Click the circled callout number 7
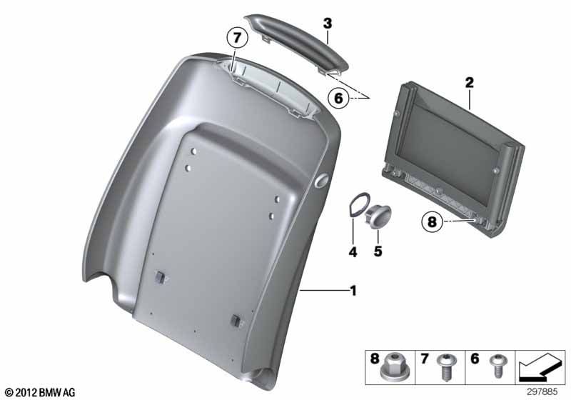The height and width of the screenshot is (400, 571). tap(237, 38)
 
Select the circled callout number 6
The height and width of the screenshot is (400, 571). tap(338, 98)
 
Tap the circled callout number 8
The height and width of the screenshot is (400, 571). tap(432, 221)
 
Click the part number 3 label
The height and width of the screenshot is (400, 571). tap(328, 24)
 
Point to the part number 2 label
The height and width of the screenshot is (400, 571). tap(470, 83)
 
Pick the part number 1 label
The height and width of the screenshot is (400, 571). tap(353, 291)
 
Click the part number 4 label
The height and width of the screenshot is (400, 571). tap(353, 251)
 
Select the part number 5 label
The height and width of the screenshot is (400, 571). tap(378, 251)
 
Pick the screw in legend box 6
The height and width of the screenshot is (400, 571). tap(497, 366)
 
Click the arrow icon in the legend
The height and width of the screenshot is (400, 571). tap(540, 366)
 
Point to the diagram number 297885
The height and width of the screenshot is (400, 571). tap(541, 392)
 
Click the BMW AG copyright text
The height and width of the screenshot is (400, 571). tap(40, 392)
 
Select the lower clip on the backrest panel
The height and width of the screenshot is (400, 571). tap(236, 321)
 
